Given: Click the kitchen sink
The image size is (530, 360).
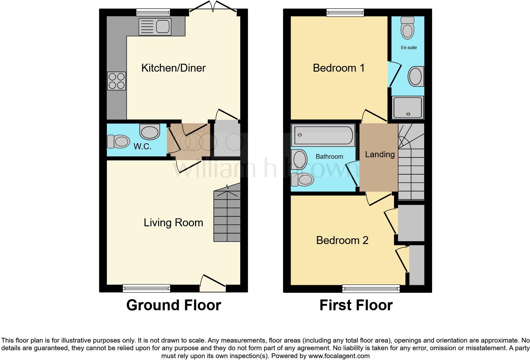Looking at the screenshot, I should pyautogui.click(x=155, y=27).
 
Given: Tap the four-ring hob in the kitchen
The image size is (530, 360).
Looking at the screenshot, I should pyautogui.click(x=117, y=81).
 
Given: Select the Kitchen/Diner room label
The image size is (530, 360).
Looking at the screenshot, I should pyautogui.click(x=173, y=68).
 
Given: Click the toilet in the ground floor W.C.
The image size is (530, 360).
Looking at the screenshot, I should pyautogui.click(x=119, y=141).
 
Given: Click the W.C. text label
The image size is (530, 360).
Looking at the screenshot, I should pyautogui.click(x=143, y=146).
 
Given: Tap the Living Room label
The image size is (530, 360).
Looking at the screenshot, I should pyautogui.click(x=173, y=222).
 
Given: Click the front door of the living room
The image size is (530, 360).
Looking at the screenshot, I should pyautogui.click(x=213, y=285).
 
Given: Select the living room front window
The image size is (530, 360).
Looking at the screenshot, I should pyautogui.click(x=146, y=288).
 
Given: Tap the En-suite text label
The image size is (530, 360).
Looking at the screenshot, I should pyautogui.click(x=409, y=48).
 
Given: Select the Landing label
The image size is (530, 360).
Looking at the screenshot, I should pyautogui.click(x=380, y=154).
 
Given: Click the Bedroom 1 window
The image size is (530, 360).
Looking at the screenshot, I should pyautogui.click(x=346, y=12).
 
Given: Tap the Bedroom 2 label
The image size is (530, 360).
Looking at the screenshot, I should pyautogui.click(x=342, y=240).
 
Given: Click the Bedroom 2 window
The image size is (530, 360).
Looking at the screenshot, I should pyautogui.click(x=371, y=288).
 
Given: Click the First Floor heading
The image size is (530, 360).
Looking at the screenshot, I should pyautogui.click(x=356, y=305).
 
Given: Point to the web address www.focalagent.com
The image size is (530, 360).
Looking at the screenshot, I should pyautogui.click(x=339, y=356).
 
